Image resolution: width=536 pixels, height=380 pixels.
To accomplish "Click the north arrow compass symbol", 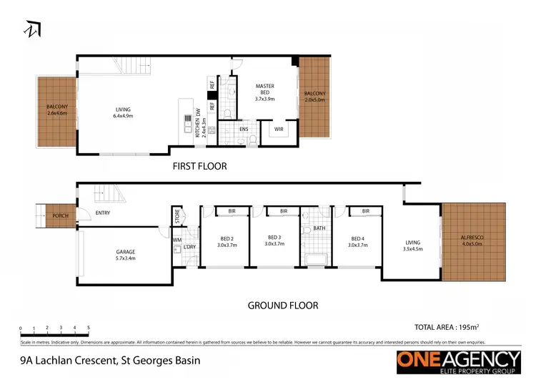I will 33,29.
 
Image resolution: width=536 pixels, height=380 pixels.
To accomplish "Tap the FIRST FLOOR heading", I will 199,166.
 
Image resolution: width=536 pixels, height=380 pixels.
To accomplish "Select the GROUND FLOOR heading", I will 282,306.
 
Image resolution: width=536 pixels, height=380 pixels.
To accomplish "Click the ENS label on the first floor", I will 244,130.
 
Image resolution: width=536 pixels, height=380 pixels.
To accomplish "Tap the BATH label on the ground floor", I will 319,228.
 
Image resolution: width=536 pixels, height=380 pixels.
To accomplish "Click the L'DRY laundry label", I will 189,247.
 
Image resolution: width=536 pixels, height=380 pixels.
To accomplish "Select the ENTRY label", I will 102,213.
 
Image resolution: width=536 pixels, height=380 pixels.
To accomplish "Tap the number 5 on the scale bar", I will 89,327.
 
